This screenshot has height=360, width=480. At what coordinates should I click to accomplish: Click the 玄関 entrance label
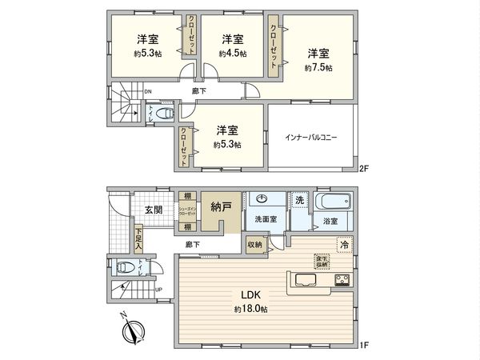(154, 210)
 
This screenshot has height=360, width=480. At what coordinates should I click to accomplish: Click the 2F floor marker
(363, 169)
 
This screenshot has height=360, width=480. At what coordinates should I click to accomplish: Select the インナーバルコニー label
(311, 137)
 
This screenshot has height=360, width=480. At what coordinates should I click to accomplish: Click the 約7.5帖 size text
(318, 68)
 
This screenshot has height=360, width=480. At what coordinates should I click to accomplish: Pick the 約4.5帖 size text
(233, 54)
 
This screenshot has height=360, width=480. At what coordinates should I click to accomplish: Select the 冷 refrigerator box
(344, 246)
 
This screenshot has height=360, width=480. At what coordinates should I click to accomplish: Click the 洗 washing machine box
(298, 199)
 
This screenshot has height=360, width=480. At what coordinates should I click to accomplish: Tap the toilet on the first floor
(123, 268)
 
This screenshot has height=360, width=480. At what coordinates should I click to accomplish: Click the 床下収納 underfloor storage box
(321, 260)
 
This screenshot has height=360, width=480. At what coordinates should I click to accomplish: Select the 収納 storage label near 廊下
(254, 245)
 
